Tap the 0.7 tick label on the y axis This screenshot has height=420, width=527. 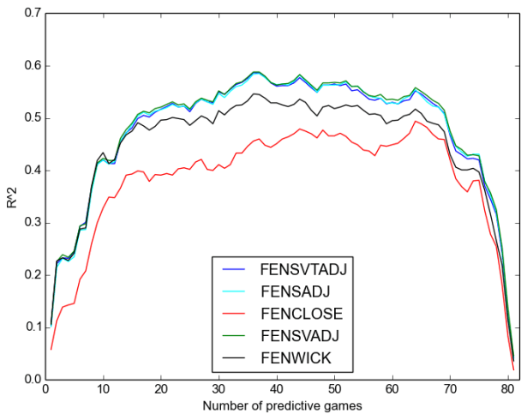(x=32, y=14)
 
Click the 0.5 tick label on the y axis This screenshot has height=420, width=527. (x=32, y=118)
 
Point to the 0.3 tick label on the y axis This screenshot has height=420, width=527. (x=32, y=223)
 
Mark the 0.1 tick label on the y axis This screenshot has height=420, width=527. (x=32, y=327)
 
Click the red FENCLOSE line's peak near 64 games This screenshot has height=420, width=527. (x=416, y=121)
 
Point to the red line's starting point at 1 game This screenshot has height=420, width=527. (x=51, y=349)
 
